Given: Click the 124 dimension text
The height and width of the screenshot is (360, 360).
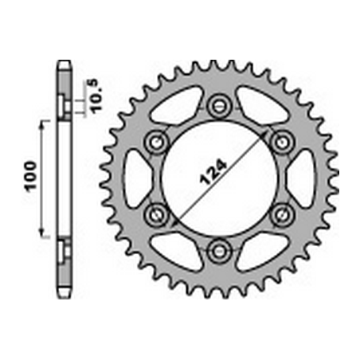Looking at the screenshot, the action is tap(213, 173).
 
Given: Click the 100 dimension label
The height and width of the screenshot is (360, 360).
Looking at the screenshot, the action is tap(31, 176).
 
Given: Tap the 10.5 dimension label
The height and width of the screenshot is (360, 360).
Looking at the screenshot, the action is tap(96, 96).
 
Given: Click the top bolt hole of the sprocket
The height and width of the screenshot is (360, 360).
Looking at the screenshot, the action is tap(220, 106).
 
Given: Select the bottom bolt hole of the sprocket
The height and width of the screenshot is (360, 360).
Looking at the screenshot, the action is tap(220, 252).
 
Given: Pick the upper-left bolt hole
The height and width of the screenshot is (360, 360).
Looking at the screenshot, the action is tap(157, 143).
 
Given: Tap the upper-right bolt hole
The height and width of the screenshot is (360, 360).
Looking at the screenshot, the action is tap(282, 143).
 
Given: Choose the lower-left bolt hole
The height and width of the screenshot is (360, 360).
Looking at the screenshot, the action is tap(157, 215).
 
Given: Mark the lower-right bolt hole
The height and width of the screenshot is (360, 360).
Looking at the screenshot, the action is tap(282, 215).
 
